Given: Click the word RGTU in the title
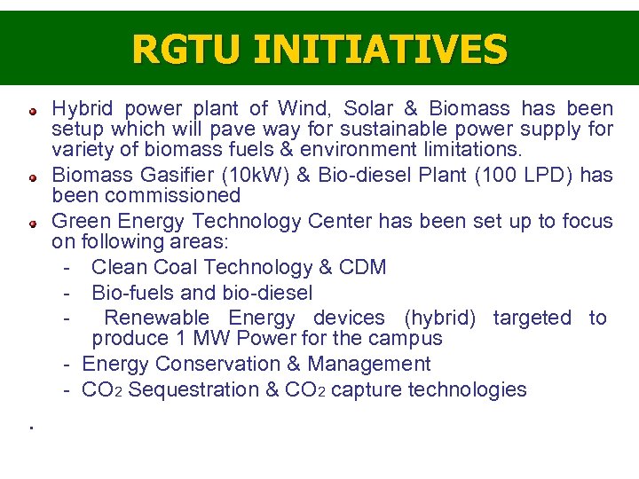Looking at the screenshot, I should [187, 49].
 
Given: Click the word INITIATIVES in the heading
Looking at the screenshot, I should [381, 49].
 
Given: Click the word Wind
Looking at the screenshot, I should [302, 109].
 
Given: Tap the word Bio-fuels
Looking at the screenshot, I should [136, 293].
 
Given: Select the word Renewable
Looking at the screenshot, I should [157, 318].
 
